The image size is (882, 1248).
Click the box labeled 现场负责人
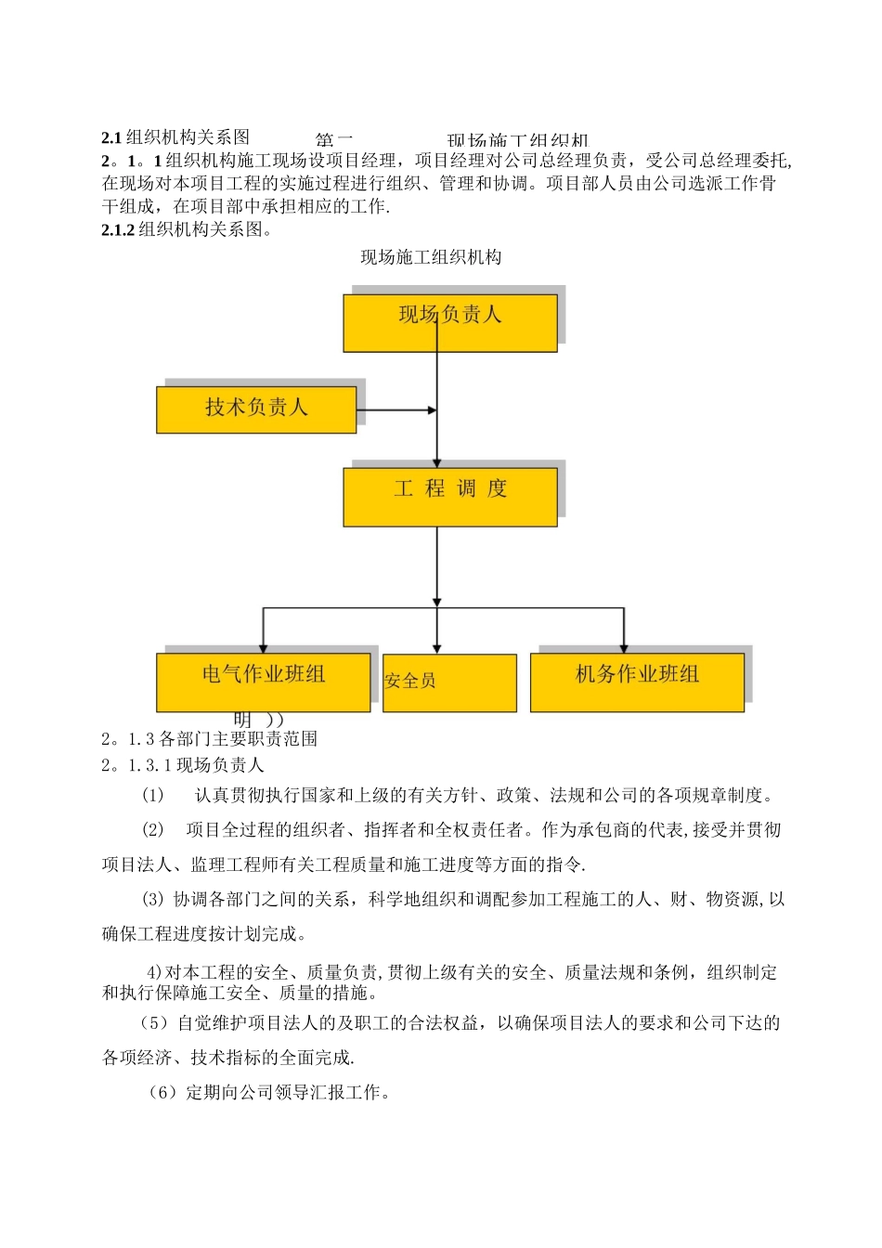tap(450, 323)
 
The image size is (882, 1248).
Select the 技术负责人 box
tap(256, 409)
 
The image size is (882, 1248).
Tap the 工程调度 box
tap(450, 497)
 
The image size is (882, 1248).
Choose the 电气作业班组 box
tap(263, 682)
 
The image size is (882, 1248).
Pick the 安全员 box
tap(449, 682)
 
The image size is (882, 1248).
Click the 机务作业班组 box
tap(637, 682)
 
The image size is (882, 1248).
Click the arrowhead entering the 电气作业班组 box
tap(263, 648)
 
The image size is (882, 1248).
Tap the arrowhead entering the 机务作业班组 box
tap(624, 648)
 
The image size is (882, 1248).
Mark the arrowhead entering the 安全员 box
tap(437, 648)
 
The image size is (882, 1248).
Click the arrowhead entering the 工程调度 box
tap(437, 461)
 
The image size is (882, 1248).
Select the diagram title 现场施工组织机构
tap(431, 257)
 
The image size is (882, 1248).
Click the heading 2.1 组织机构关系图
tap(175, 137)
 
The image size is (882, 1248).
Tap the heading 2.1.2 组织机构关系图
tap(187, 229)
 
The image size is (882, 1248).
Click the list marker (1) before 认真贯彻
tap(152, 796)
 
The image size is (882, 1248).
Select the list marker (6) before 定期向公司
tap(162, 1093)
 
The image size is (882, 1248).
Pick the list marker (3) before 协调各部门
tap(152, 900)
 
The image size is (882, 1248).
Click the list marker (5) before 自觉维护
tap(153, 1023)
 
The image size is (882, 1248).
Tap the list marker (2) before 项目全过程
tap(152, 830)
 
